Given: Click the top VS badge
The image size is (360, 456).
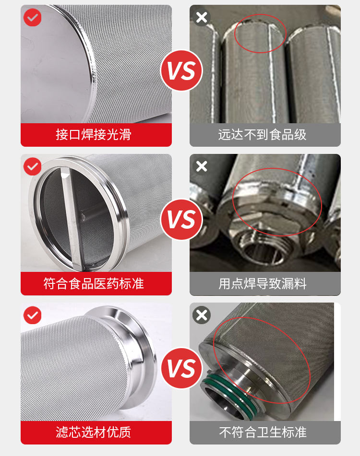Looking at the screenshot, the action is coord(181,70).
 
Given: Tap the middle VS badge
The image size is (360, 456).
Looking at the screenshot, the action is coord(181,220).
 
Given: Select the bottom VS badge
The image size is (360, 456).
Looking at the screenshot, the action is coord(181,368).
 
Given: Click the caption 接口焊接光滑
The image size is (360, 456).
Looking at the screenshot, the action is coord(94,135).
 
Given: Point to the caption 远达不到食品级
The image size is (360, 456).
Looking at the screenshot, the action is coord(262,135).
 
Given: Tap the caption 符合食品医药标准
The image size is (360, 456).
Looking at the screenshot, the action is coord(94,283).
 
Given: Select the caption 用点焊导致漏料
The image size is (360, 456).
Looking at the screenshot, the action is coord(262,283).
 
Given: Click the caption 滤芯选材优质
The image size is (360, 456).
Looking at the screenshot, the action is coord(94,432).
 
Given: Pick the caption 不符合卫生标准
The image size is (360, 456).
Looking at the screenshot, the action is coord(263,432).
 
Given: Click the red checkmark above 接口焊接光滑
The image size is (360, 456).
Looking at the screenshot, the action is coord(32,17).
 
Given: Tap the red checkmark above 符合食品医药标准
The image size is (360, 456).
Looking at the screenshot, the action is coord(32,166).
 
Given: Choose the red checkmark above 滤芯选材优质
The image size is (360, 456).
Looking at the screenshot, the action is coord(32,315).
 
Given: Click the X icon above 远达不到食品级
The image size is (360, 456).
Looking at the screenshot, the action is coord(202,17).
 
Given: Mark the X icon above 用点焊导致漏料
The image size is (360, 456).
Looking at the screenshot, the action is coord(202,166).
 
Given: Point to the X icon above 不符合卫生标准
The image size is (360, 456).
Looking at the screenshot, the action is coord(202,315).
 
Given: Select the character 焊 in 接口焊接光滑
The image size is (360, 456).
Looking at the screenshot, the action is coord(87,135).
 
